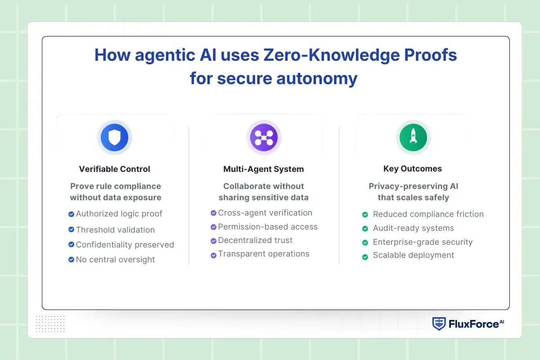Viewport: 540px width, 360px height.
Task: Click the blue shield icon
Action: (114, 138)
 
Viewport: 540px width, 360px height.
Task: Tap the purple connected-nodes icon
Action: (264, 138)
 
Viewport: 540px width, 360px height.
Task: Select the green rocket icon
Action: (413, 137)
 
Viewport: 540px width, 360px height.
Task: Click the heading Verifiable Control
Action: (114, 169)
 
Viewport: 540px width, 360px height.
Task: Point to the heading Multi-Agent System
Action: (263, 169)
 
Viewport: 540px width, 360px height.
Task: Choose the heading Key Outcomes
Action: (413, 169)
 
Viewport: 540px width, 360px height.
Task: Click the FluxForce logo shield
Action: (439, 324)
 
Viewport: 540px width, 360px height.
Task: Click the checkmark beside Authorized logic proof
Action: (71, 214)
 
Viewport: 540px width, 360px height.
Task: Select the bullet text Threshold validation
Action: (115, 230)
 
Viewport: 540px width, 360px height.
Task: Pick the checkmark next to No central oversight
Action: (71, 260)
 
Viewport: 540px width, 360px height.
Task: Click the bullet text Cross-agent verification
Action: (265, 213)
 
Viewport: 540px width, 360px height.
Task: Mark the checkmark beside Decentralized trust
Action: (213, 241)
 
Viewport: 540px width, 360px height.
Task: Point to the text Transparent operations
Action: (264, 254)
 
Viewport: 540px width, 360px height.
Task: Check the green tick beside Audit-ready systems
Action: (365, 229)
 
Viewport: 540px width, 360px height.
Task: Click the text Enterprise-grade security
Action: (423, 242)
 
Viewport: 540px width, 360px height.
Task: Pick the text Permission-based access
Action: (268, 227)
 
